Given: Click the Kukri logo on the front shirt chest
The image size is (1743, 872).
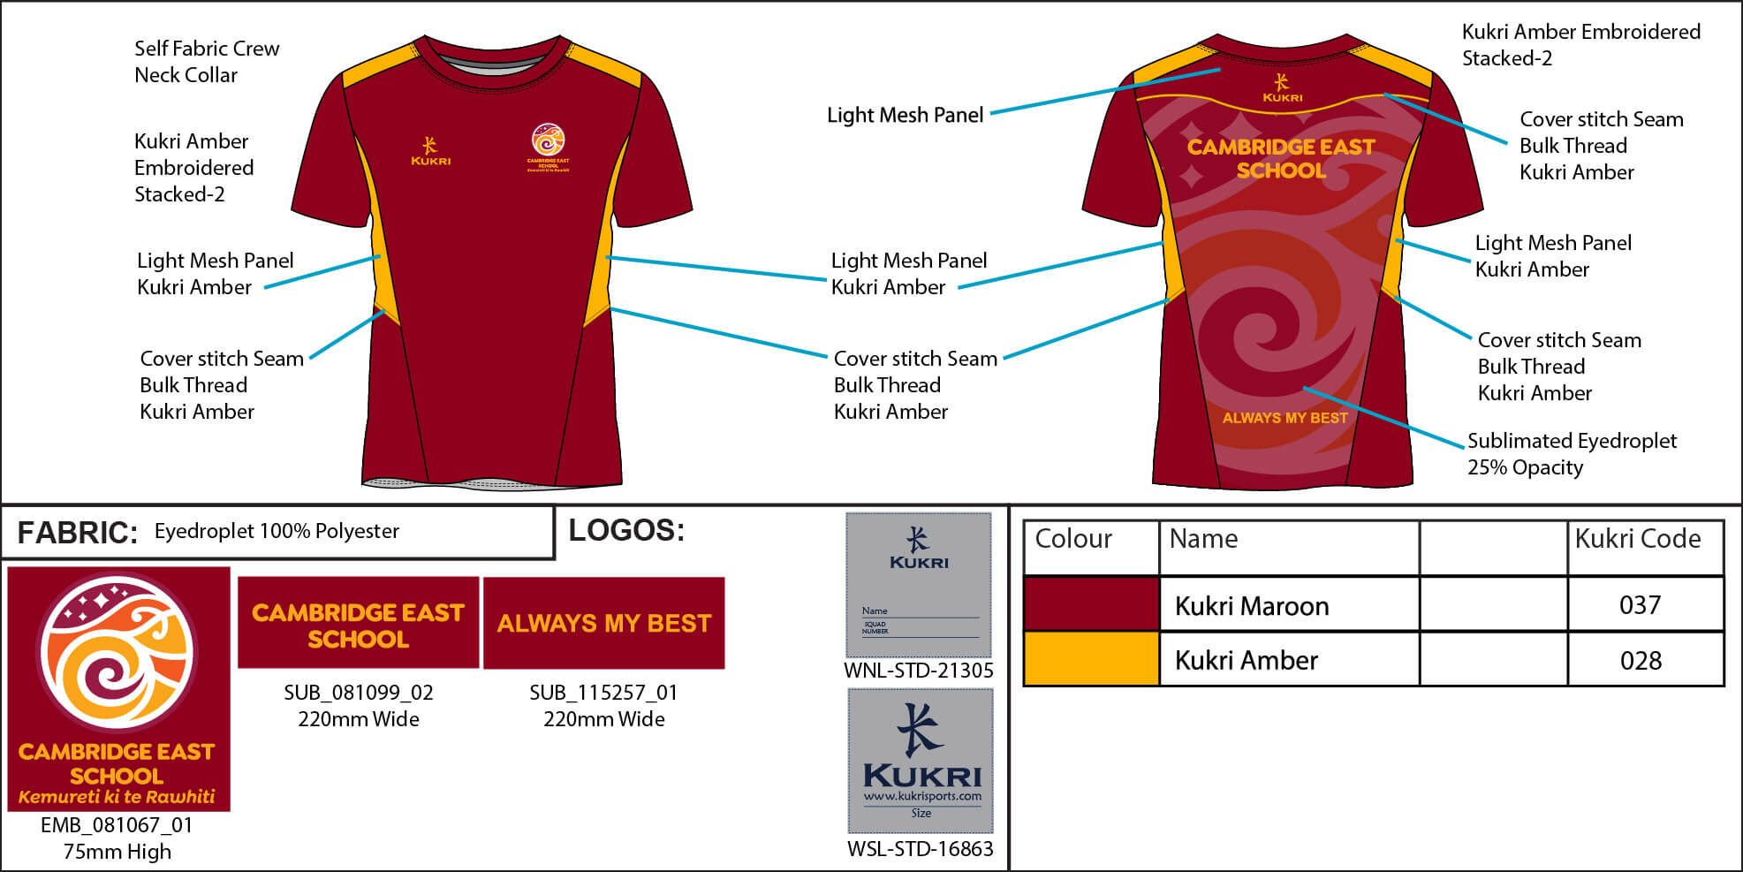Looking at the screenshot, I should click(x=430, y=151).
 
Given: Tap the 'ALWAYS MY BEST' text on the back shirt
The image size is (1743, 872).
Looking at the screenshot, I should click(x=1285, y=418).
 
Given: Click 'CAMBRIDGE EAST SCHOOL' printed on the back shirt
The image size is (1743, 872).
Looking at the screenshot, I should click(x=1281, y=158).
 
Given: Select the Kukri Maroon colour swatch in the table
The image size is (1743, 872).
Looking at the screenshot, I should click(x=1091, y=604).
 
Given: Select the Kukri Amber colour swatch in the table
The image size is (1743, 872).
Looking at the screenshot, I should click(x=1091, y=659).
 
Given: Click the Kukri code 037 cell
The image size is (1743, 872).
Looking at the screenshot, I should click(x=1640, y=605).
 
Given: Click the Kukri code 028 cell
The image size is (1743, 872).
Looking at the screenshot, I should click(x=1640, y=660).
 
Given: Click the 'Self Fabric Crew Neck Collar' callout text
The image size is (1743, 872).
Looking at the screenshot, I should click(x=206, y=62).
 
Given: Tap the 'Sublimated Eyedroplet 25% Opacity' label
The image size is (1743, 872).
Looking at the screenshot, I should click(x=1571, y=454).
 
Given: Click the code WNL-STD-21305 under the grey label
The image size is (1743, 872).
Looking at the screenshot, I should click(x=918, y=671).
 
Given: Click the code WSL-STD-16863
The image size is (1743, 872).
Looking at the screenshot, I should click(x=920, y=849).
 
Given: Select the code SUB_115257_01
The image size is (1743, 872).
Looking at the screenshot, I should click(x=603, y=693).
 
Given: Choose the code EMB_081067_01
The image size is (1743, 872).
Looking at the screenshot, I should click(x=117, y=825).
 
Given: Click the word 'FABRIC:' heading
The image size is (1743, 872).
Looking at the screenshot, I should click(x=78, y=533).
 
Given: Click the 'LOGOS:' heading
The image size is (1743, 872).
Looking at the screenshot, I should click(x=626, y=530).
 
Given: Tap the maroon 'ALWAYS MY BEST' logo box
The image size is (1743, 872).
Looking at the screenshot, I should click(x=603, y=623).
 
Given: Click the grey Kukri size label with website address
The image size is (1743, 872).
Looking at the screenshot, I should click(x=921, y=761).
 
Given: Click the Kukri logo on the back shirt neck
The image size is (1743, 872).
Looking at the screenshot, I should click(x=1282, y=88).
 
